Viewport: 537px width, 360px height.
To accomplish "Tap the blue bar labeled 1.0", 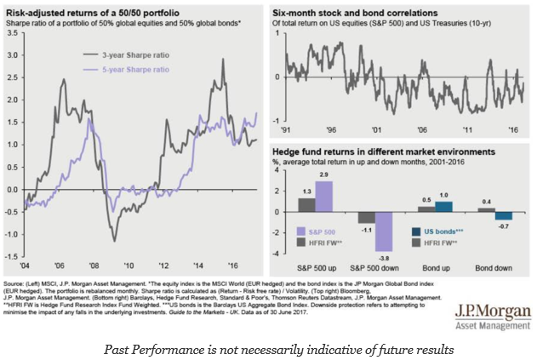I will (x=443, y=206).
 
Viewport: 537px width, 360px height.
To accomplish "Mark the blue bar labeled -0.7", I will (x=502, y=215).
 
